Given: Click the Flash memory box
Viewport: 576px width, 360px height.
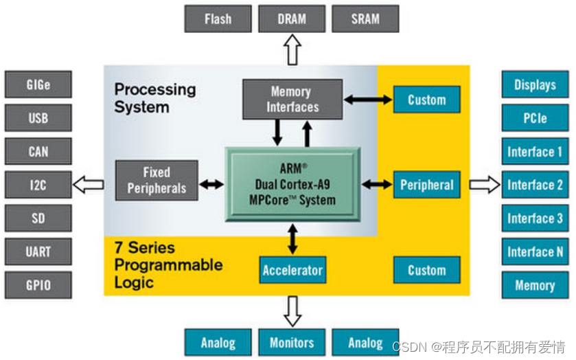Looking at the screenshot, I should [x=218, y=19].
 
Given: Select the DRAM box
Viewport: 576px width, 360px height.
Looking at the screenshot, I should [x=292, y=19].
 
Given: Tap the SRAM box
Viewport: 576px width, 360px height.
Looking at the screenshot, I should [x=365, y=19].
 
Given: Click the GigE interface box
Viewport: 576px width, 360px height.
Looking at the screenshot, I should [x=38, y=85].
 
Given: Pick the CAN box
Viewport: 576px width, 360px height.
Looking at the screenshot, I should [x=38, y=151].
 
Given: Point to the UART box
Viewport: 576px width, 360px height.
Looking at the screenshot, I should [x=38, y=251].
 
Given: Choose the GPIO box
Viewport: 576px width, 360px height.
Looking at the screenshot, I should [x=38, y=284].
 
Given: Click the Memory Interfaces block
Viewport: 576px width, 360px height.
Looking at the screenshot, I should [x=292, y=99].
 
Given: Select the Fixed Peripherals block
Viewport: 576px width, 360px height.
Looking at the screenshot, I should [x=157, y=181].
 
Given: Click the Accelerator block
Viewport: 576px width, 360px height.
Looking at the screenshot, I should [x=292, y=270].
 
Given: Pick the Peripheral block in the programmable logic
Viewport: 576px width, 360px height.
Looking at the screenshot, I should [x=426, y=185].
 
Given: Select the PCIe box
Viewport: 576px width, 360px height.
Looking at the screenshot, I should [x=535, y=118].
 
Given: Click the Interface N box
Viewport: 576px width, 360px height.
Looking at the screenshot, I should [x=535, y=252].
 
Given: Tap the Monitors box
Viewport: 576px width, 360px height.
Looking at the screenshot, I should [x=292, y=342].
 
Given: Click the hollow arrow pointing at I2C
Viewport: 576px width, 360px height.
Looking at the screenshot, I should [x=88, y=184].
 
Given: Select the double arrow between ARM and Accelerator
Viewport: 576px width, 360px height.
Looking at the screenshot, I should [x=293, y=238].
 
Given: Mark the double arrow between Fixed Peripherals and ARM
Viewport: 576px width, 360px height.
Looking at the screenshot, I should [x=211, y=184].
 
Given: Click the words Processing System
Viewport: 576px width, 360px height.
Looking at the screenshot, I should [x=154, y=98].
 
